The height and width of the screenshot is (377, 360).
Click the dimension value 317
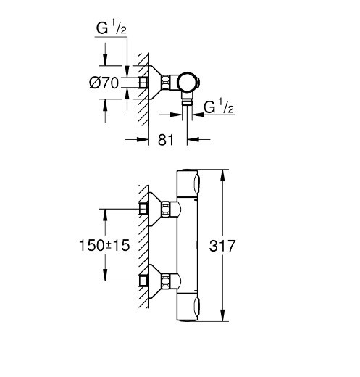222,246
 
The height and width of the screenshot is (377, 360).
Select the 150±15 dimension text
104,245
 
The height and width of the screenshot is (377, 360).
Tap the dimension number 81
166,140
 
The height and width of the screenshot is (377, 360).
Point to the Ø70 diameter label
104,83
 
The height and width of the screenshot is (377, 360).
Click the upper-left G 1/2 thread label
111,28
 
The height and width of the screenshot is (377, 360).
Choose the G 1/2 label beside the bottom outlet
219,107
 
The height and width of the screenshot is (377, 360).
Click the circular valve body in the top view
188,82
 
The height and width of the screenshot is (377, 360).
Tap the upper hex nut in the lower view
166,209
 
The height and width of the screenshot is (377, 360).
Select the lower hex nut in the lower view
166,281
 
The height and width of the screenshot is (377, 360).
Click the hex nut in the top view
166,83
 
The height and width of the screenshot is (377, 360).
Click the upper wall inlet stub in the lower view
143,209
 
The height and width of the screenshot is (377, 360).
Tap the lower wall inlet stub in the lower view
143,281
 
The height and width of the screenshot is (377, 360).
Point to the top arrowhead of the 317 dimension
222,175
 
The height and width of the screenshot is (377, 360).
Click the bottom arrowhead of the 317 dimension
222,315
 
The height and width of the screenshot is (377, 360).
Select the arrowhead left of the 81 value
143,139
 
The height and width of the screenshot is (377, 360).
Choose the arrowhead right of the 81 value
193,139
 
